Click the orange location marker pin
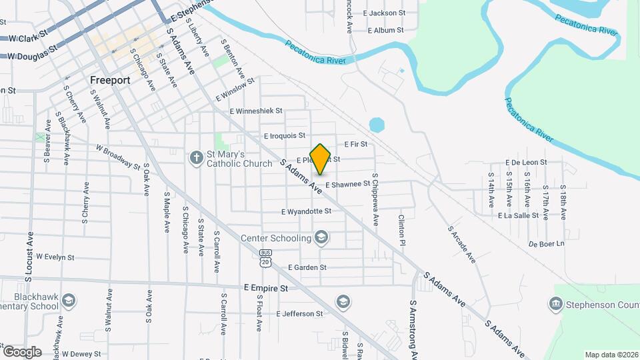point(321,159)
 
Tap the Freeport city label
point(109,79)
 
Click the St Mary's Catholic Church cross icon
point(196,158)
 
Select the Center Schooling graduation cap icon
point(321,237)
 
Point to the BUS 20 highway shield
point(266,257)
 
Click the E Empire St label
point(265,288)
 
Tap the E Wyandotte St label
point(306,211)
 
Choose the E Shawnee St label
point(347,184)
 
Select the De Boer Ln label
point(546,244)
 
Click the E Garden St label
point(307,267)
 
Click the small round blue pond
point(377,125)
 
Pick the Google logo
point(21,351)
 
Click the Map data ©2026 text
point(611,355)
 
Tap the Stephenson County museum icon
point(555,305)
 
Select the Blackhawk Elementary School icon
point(68,301)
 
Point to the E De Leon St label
point(526,162)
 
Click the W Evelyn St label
point(55,256)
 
